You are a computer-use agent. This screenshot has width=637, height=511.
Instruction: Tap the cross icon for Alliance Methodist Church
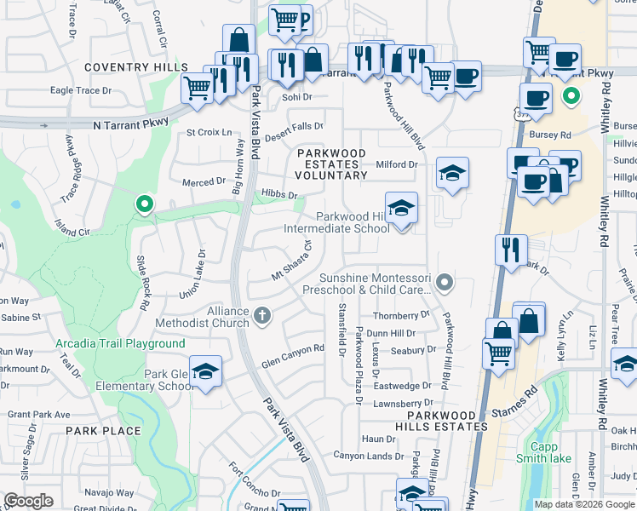263,316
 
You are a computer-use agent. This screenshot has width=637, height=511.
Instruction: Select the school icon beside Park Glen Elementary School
205,371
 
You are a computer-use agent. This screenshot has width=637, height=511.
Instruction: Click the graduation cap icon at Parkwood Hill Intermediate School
400,208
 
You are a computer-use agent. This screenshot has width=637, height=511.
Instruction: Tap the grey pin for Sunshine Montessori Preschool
443,280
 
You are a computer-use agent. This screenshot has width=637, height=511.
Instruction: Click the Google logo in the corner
28,501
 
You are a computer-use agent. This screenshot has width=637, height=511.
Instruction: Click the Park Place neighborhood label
109,431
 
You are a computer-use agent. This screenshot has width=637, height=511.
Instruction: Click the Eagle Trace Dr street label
82,90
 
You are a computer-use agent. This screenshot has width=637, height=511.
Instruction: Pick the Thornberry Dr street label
399,315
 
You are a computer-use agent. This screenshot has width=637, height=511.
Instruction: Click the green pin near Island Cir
144,204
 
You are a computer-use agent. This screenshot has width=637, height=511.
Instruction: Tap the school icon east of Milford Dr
453,174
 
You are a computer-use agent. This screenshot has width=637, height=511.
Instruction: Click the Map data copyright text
584,504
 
